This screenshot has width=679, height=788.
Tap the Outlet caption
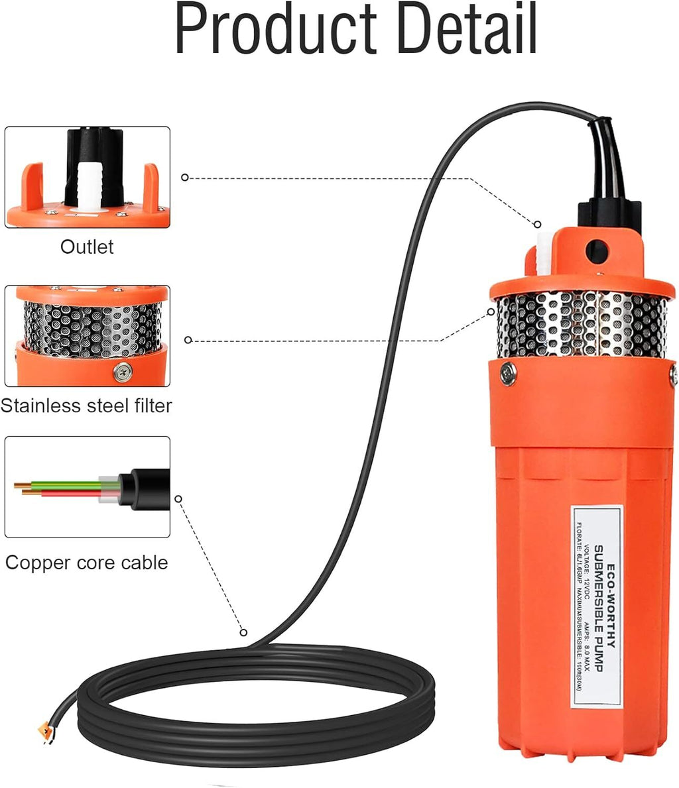[x=87, y=247]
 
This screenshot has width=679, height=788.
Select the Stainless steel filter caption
[x=87, y=406]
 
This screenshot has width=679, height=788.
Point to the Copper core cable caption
[x=87, y=563]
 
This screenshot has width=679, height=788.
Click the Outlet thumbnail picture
[x=88, y=178]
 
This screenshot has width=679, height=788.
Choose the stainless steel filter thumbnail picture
[x=88, y=336]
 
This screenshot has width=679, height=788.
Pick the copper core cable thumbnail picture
[x=88, y=487]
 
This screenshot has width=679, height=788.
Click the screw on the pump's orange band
[x=509, y=374]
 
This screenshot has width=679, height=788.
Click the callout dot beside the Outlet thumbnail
[x=185, y=178]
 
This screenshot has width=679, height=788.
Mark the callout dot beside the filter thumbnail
[x=188, y=340]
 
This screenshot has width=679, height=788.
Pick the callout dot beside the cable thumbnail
[x=178, y=498]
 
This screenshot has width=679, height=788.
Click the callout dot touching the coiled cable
[x=243, y=633]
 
